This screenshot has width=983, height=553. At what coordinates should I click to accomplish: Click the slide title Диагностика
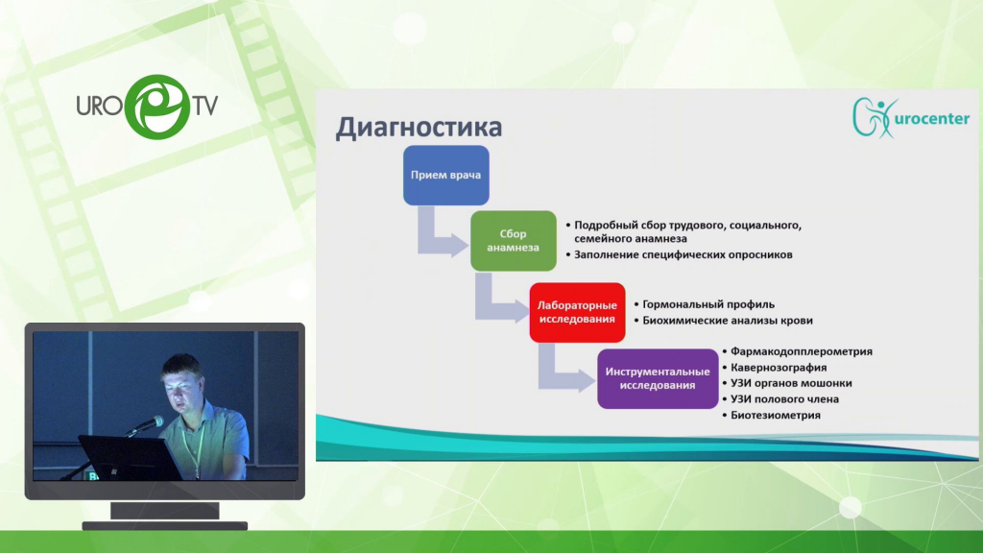(x=419, y=128)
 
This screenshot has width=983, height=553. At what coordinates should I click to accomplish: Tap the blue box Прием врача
(x=445, y=176)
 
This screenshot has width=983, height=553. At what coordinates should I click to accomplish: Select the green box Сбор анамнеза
(x=514, y=241)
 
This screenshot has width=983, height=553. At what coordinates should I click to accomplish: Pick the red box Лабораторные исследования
(x=577, y=312)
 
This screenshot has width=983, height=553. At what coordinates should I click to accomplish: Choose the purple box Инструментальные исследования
(x=658, y=378)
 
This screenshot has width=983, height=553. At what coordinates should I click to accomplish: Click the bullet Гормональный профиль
(x=708, y=304)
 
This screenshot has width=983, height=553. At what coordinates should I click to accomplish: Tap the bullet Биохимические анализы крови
(x=728, y=321)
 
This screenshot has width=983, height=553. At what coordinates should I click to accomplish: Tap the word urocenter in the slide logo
(x=931, y=118)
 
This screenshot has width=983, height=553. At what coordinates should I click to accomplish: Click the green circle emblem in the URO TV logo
(x=157, y=107)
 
